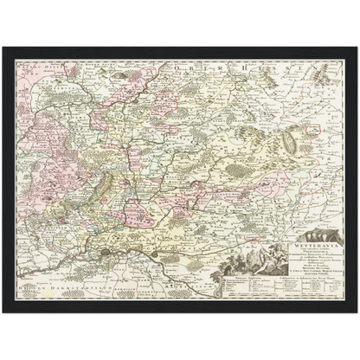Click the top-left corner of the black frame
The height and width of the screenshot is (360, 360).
(3, 45)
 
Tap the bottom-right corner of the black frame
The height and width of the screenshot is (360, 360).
(357, 314)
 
